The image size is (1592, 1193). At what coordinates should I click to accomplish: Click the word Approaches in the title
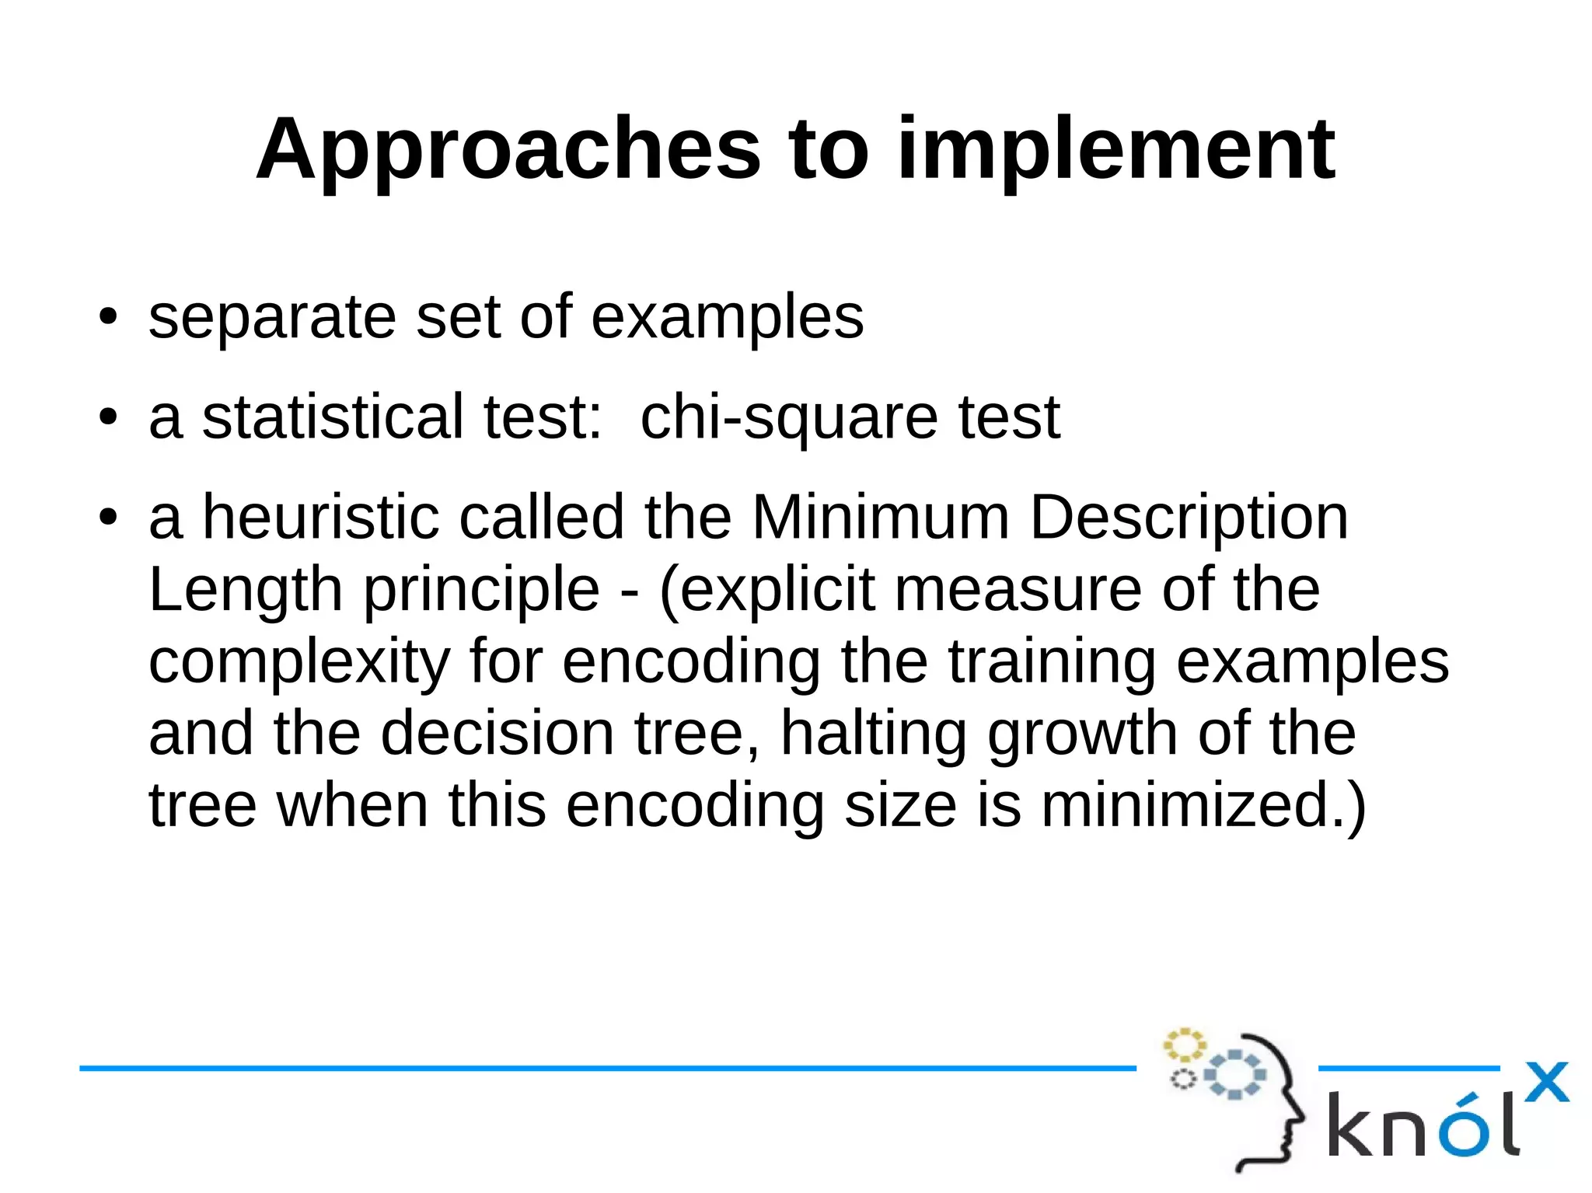click(508, 149)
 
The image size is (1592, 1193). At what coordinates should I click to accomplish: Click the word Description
click(1189, 518)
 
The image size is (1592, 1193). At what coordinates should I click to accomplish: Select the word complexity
click(299, 663)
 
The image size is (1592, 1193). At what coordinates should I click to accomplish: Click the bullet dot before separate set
click(108, 318)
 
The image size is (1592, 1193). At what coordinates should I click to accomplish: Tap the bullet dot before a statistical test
click(108, 418)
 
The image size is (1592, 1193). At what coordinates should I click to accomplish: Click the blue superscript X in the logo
click(1546, 1083)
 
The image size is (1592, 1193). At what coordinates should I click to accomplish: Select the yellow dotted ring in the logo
click(1184, 1045)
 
